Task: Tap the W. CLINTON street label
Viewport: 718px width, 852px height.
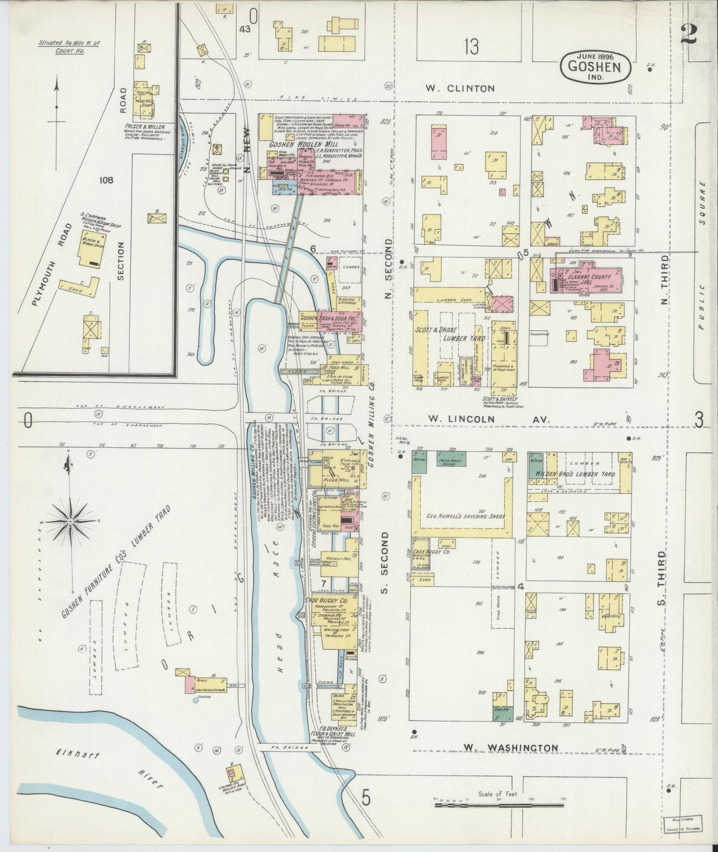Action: [x=460, y=89]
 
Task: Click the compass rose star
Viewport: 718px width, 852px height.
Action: [x=71, y=521]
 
